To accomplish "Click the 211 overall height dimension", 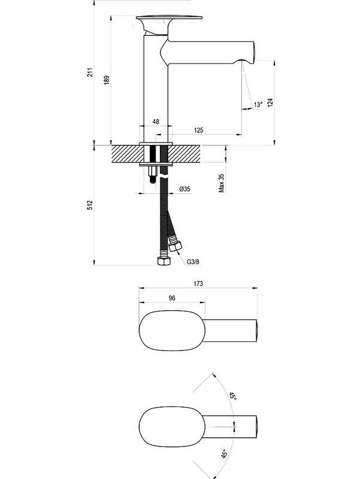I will (90, 72).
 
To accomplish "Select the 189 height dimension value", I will (106, 81).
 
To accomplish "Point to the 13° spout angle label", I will (258, 104).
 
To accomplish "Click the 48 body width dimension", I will (156, 122).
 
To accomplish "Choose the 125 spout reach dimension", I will (200, 130).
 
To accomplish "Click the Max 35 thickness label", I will (221, 183).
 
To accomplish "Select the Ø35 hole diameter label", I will (184, 189).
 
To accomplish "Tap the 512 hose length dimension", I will (90, 205).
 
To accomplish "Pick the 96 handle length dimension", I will (172, 298).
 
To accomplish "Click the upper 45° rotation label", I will (232, 396).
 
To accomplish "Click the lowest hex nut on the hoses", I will (161, 261).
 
